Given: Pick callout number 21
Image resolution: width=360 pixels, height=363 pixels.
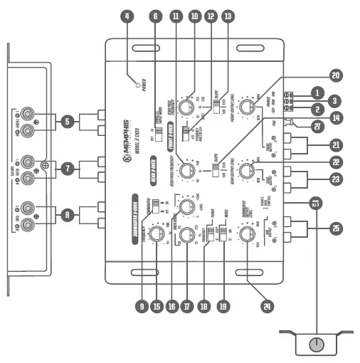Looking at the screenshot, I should tap(334, 147).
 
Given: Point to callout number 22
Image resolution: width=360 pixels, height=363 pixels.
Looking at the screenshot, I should tap(335, 163).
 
